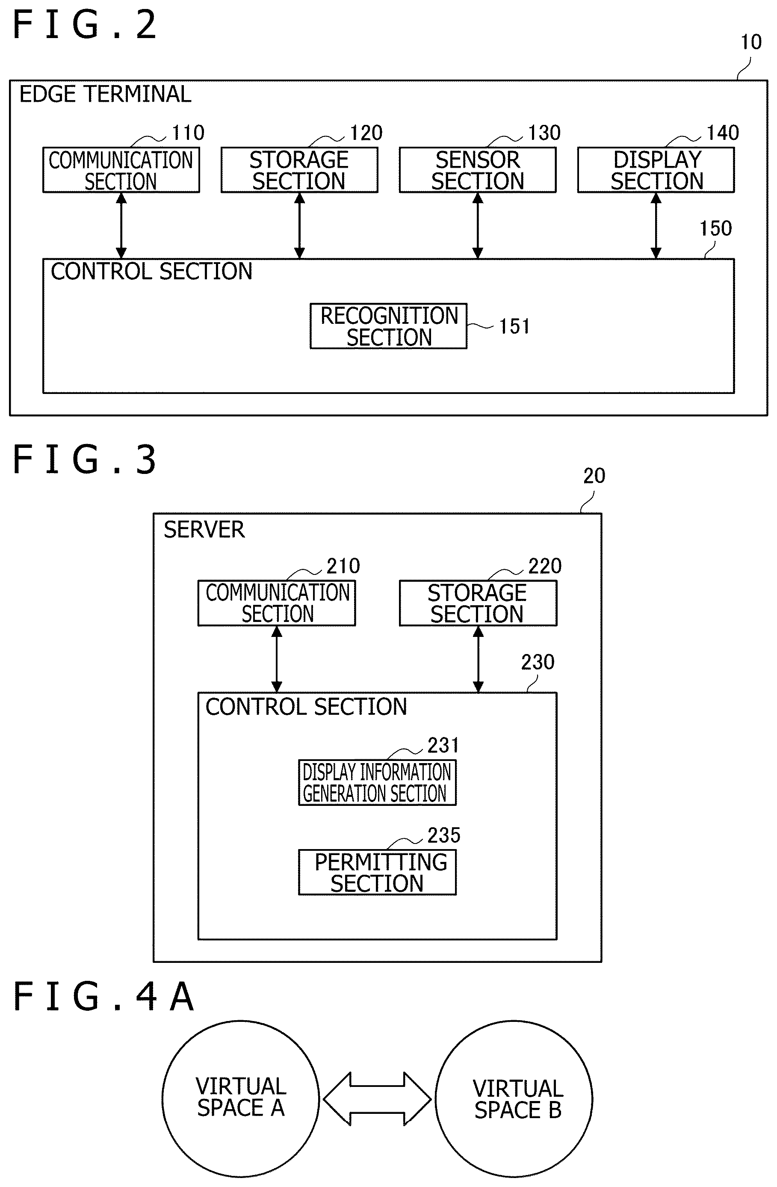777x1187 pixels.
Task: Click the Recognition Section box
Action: (388, 326)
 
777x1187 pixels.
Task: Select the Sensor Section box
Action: (477, 170)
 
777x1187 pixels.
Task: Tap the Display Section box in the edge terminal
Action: (656, 170)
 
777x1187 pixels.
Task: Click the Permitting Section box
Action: (377, 872)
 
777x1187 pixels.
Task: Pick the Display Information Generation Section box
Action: (377, 782)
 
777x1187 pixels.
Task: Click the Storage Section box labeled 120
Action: (299, 170)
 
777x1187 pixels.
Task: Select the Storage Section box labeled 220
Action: (478, 603)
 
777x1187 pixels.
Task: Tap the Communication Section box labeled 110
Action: (121, 170)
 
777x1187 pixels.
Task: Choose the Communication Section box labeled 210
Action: (277, 603)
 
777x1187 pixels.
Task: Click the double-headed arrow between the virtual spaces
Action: (377, 1099)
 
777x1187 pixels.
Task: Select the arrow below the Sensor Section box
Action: (477, 225)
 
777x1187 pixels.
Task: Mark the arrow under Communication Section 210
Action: (277, 659)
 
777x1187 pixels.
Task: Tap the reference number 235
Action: (444, 835)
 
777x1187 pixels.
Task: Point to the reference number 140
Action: (723, 133)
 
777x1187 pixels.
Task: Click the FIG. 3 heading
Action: (84, 459)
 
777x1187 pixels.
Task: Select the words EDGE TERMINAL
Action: (105, 94)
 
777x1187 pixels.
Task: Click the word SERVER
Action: (204, 530)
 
